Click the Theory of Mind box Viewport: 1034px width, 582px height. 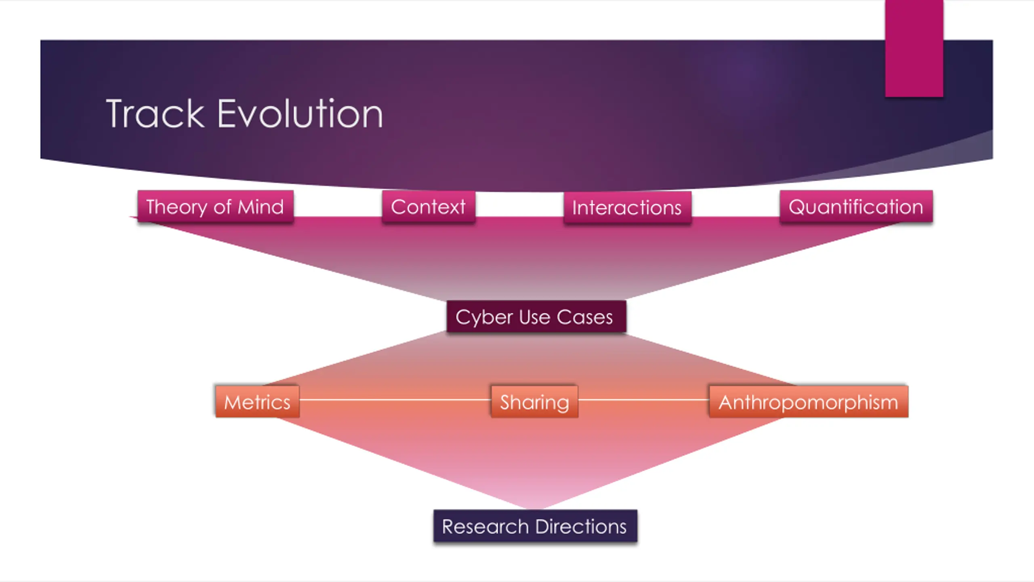tap(215, 207)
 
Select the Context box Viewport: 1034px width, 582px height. tap(428, 207)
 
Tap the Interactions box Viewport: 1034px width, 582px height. tap(627, 207)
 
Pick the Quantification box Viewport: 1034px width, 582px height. tap(856, 207)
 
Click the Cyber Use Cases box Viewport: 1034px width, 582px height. tap(536, 316)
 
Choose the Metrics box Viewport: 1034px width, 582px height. tap(257, 402)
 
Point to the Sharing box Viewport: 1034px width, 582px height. tap(534, 402)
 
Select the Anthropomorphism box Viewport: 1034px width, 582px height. tap(809, 402)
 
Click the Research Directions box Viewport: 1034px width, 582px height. tap(535, 526)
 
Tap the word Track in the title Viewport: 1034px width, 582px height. tap(156, 114)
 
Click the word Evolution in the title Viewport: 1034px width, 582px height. tap(300, 114)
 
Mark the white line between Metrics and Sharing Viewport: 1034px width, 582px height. tap(395, 400)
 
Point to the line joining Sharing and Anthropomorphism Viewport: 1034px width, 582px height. tap(643, 400)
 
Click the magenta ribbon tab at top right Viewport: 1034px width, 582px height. tap(914, 48)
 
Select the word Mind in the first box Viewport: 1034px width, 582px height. tap(261, 207)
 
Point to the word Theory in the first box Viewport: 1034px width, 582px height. tap(177, 207)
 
